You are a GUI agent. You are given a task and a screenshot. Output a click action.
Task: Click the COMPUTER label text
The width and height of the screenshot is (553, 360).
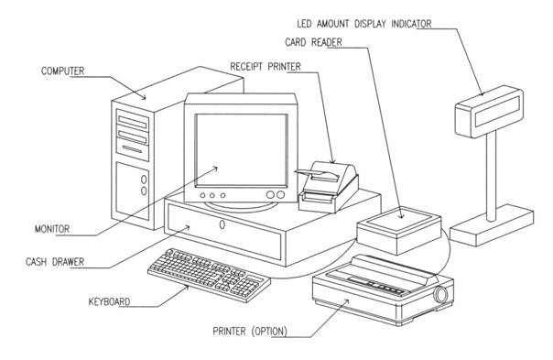click(x=63, y=71)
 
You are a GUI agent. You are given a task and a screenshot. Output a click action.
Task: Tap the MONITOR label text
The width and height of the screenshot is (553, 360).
click(x=52, y=229)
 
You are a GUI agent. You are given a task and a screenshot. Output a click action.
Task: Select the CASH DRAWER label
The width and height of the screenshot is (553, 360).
click(x=55, y=262)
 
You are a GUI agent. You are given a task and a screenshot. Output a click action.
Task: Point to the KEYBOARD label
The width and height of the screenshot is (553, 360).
click(x=109, y=301)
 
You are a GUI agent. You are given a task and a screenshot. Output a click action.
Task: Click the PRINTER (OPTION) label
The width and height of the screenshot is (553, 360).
click(x=250, y=332)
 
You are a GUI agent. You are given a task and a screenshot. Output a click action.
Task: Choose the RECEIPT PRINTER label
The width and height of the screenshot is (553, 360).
click(x=266, y=66)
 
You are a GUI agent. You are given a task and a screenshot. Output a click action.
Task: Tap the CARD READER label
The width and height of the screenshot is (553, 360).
click(x=313, y=42)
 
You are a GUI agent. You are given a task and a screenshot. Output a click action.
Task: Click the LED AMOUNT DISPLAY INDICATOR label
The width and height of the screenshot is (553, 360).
click(x=364, y=24)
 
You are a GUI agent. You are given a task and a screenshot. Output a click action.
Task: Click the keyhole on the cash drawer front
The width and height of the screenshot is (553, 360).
click(x=222, y=224)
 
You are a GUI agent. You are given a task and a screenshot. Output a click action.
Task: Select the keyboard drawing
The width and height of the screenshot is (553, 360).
click(x=209, y=275)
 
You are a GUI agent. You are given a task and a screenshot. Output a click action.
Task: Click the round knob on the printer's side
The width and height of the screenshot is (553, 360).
click(x=441, y=294)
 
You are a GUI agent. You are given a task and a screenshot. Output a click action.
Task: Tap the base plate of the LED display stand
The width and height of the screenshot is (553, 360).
click(x=492, y=226)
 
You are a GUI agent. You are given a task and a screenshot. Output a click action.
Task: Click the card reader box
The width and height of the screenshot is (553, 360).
click(x=399, y=231)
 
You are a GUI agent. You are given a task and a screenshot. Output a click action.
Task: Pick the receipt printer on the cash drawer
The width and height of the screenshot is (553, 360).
click(x=328, y=187)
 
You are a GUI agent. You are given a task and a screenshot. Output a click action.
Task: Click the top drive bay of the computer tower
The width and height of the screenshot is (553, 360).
click(x=132, y=122)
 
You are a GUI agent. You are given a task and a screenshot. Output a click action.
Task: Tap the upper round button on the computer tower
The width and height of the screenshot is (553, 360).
click(x=144, y=180)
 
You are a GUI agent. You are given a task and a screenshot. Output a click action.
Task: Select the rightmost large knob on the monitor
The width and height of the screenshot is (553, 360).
click(x=281, y=195)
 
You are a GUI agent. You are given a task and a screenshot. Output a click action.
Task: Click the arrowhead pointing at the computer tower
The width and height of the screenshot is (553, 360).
click(x=143, y=96)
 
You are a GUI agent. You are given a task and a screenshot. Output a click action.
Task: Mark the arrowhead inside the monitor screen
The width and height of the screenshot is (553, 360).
click(x=214, y=169)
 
